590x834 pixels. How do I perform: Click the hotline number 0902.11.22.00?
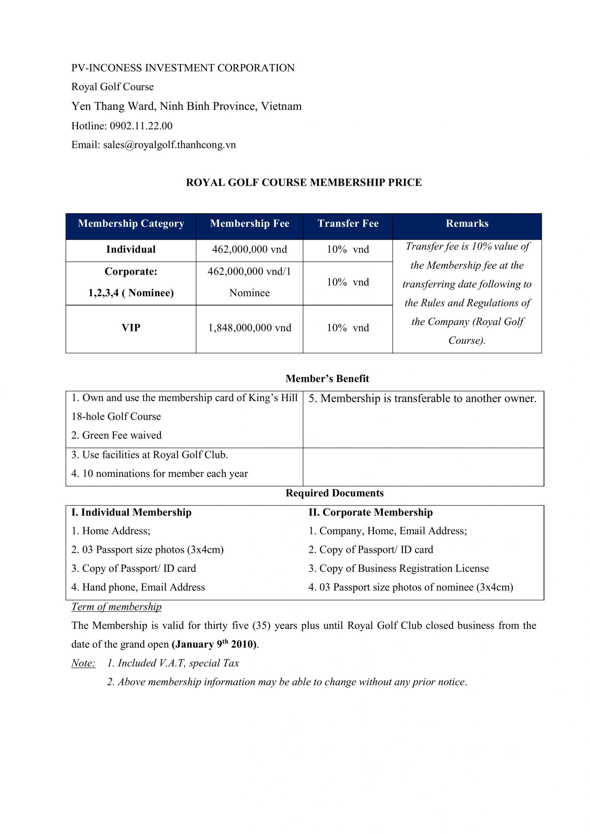coord(141,126)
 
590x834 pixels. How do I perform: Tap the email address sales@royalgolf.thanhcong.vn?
coord(169,145)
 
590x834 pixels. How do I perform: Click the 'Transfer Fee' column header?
coord(348,223)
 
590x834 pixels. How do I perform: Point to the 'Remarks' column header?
coord(467,223)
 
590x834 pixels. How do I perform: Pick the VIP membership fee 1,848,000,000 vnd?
coord(250,328)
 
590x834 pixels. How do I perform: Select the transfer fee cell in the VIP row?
coord(348,328)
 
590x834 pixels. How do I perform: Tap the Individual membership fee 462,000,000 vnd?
coord(250,249)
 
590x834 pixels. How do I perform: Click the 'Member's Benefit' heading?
coord(327,379)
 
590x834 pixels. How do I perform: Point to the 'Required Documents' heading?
coord(334,493)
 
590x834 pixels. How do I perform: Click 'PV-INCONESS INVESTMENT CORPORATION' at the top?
coord(183,68)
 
